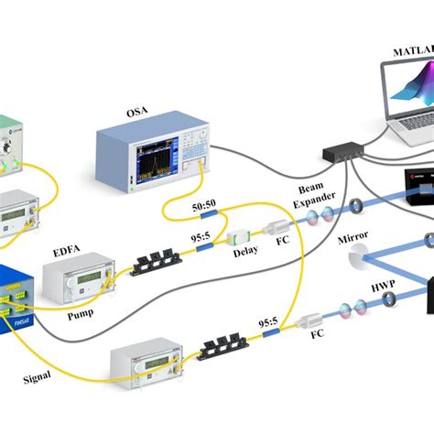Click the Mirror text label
tap(353, 236)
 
